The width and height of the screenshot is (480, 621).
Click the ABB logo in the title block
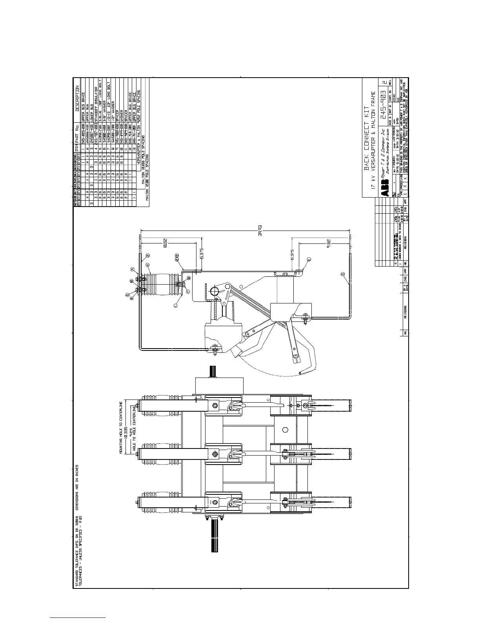click(x=386, y=192)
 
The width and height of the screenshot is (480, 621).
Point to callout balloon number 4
click(x=147, y=265)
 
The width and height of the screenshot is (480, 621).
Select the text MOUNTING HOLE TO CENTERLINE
click(x=121, y=427)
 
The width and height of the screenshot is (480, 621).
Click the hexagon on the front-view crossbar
click(x=285, y=429)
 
